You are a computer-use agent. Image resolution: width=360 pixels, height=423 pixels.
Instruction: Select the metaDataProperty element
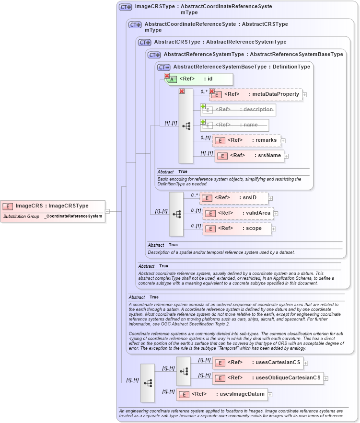pos(256,94)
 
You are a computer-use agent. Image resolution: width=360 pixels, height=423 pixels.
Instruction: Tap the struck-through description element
pos(238,110)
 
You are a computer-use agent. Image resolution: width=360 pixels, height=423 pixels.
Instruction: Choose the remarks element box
pos(247,140)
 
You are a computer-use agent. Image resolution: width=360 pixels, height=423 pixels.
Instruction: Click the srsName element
pos(249,156)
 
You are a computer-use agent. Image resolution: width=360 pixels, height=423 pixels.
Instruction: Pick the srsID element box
pos(233,197)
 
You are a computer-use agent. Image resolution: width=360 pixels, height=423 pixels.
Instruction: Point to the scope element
pos(237,229)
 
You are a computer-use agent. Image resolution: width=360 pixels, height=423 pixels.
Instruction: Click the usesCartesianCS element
pos(258,363)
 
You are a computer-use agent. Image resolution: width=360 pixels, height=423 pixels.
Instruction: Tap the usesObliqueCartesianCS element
pos(268,378)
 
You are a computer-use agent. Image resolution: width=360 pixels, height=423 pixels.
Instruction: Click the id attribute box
pos(199,79)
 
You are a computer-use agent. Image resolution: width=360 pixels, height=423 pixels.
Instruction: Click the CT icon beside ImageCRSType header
pos(126,7)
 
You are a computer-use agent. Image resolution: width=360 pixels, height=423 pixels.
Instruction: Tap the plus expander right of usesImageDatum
pos(270,395)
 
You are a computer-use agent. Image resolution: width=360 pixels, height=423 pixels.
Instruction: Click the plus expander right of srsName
pos(286,156)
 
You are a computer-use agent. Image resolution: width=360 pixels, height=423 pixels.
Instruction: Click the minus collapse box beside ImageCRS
pos(107,211)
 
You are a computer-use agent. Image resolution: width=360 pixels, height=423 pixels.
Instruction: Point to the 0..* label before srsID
pos(195,195)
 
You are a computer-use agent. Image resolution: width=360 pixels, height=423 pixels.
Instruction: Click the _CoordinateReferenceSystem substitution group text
pos(73,217)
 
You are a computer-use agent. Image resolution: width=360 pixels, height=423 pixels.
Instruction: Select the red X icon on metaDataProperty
pos(212,91)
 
